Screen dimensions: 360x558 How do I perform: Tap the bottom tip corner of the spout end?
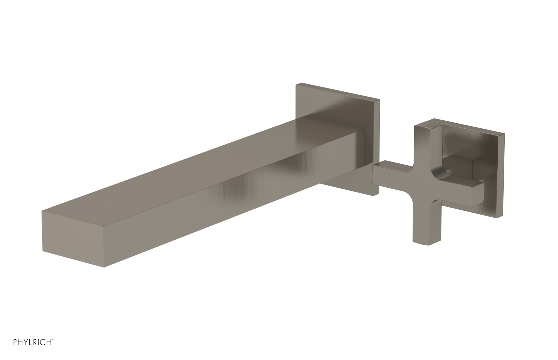tap(104, 268)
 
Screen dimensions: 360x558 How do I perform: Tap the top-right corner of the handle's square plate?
tap(504, 133)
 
